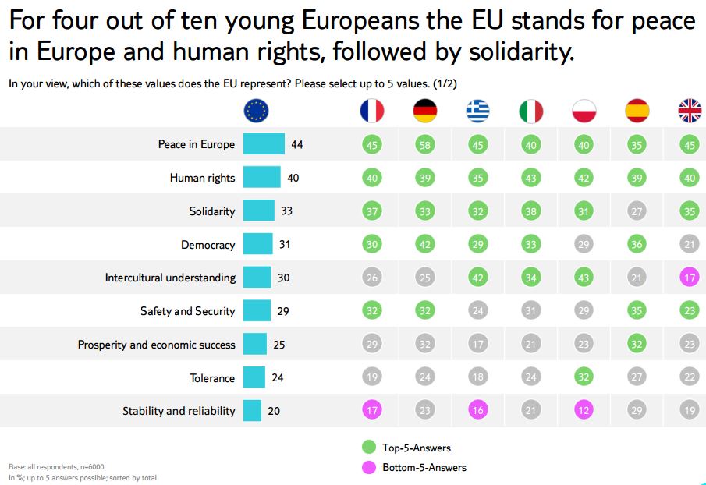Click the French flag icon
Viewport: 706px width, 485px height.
(371, 112)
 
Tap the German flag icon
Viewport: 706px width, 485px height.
(425, 112)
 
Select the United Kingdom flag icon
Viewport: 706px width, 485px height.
(690, 112)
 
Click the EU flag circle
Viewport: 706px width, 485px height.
(256, 112)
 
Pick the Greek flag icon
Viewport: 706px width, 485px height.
(478, 112)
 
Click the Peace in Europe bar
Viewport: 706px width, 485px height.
(264, 144)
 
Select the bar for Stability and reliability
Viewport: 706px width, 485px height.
(252, 411)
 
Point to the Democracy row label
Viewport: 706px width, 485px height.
(208, 245)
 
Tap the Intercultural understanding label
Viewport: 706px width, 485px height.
(170, 278)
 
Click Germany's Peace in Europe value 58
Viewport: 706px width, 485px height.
(425, 144)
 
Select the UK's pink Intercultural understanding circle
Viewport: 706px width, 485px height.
(690, 278)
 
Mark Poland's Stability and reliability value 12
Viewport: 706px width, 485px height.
(584, 411)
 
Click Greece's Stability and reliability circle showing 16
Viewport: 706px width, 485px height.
(478, 411)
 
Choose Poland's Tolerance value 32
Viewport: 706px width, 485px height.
(584, 377)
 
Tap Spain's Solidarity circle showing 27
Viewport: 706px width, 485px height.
(637, 211)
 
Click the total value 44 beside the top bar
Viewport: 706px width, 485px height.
(296, 144)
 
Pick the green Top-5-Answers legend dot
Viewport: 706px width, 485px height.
(370, 448)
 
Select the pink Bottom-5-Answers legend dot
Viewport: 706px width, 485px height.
(370, 467)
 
